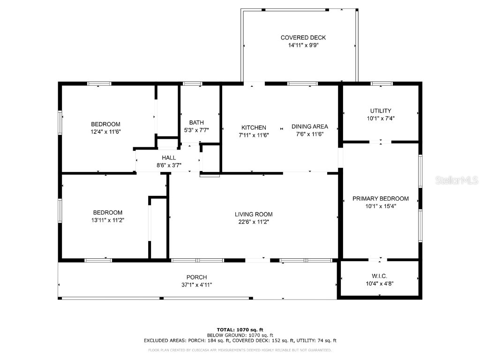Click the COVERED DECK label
click(303, 37)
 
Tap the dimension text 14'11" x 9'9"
click(303, 45)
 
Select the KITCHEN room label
click(254, 127)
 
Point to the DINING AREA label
click(309, 127)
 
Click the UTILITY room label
click(381, 111)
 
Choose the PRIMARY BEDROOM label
click(381, 198)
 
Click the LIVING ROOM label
click(254, 215)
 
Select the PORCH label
click(196, 277)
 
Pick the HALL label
click(169, 158)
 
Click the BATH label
click(196, 123)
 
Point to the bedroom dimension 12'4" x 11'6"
click(105, 132)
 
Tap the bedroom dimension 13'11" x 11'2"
click(107, 220)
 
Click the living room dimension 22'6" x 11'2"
click(254, 222)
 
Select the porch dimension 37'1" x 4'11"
click(196, 285)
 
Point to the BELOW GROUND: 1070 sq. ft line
click(240, 335)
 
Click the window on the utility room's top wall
click(381, 83)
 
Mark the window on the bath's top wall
click(192, 83)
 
